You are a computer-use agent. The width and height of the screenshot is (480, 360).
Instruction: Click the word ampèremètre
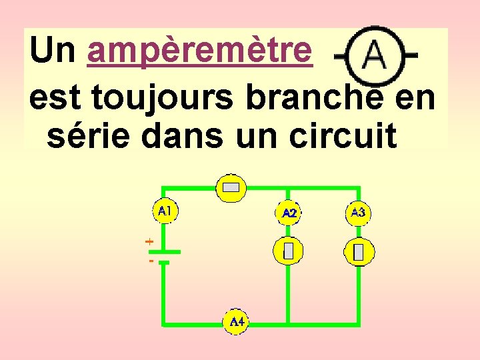pos(199,51)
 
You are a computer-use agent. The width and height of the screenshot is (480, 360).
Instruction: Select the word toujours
pos(165,99)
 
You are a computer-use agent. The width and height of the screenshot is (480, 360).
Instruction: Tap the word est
pos(55,99)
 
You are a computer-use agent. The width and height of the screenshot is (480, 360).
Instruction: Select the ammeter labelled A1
pos(165,211)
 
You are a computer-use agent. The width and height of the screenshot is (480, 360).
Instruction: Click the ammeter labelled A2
pos(289,213)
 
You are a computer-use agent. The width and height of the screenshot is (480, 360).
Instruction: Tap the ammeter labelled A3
pos(358,213)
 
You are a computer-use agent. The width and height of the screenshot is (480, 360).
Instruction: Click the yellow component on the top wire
pos(231,188)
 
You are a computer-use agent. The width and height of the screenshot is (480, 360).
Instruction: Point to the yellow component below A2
pos(288,251)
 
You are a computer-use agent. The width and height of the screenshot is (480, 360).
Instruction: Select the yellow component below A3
pos(359,252)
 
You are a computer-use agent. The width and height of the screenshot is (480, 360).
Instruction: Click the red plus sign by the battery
pos(149,241)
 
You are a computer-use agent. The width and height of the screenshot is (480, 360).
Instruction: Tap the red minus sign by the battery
pos(151,261)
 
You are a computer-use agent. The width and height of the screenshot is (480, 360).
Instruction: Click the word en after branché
pos(415,99)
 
